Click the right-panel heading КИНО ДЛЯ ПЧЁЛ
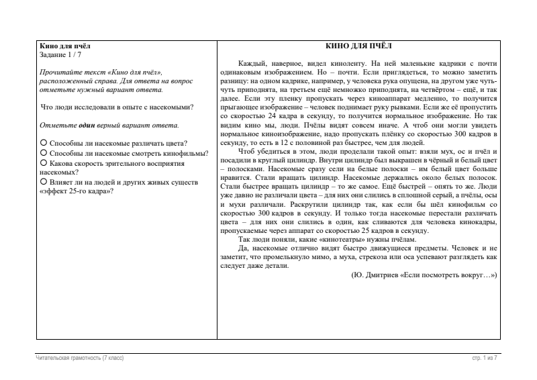[x=357, y=46]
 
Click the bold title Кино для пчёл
[x=65, y=46]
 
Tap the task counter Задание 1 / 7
[x=63, y=54]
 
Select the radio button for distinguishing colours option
[x=44, y=142]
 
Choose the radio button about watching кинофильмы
[x=44, y=152]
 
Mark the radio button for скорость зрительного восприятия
[x=44, y=162]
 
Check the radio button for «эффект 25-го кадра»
[x=44, y=182]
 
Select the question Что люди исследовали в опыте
[x=117, y=107]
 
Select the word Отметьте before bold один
[x=56, y=125]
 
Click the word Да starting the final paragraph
[x=243, y=248]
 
